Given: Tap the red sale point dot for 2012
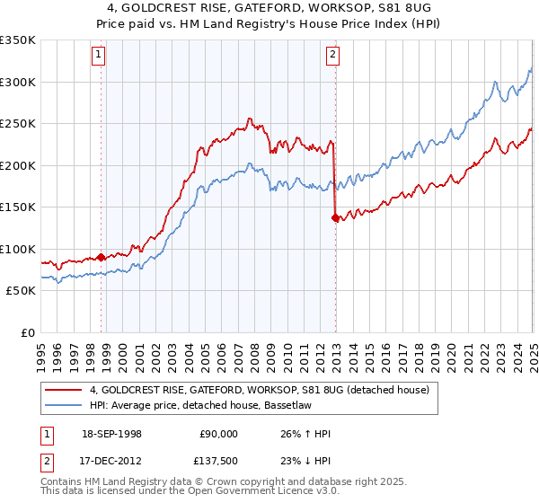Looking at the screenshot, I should coord(335,217).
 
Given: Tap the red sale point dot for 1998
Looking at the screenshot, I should coord(101,257).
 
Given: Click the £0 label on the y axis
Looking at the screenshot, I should coord(28,332).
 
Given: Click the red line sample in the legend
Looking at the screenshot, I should coord(65,390).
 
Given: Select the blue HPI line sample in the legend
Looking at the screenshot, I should coord(65,405).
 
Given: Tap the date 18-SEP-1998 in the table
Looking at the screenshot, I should coord(108,434).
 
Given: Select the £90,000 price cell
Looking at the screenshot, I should coord(218,434).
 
